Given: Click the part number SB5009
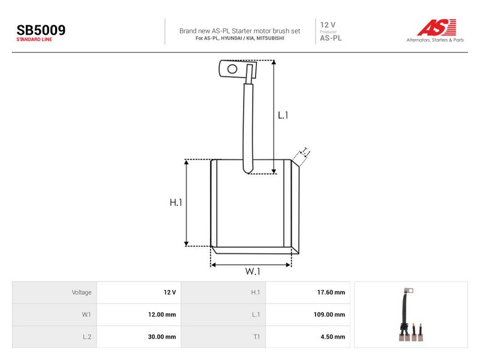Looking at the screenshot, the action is (41, 30).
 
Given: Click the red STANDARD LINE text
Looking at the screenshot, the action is (34, 40).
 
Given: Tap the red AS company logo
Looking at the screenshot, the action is (437, 27).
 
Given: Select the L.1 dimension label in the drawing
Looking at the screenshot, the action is (283, 115).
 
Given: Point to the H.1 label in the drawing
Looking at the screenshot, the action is (176, 202).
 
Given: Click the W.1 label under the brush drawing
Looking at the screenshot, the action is (253, 271).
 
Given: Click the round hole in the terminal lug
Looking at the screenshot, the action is (232, 69).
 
